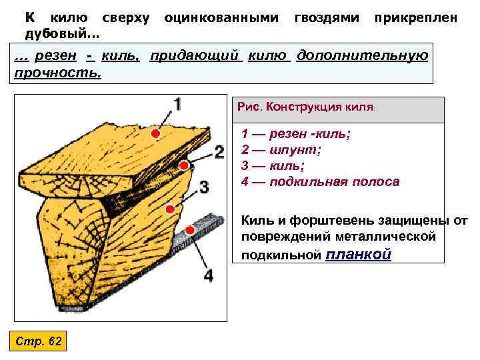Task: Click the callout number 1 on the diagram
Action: tap(177, 105)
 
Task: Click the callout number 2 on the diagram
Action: tap(219, 152)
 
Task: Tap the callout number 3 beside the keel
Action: tap(204, 186)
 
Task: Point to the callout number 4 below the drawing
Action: tap(209, 275)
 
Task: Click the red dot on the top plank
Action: tap(155, 134)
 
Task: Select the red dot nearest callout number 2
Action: tap(183, 165)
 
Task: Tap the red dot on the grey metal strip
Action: tap(190, 230)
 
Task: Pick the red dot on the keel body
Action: tap(169, 209)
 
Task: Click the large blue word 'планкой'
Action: tap(359, 254)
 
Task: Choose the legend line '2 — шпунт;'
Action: tap(281, 150)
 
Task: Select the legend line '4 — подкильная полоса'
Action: tap(320, 181)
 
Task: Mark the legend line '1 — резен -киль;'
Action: tap(296, 134)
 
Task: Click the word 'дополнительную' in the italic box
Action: tap(362, 55)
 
